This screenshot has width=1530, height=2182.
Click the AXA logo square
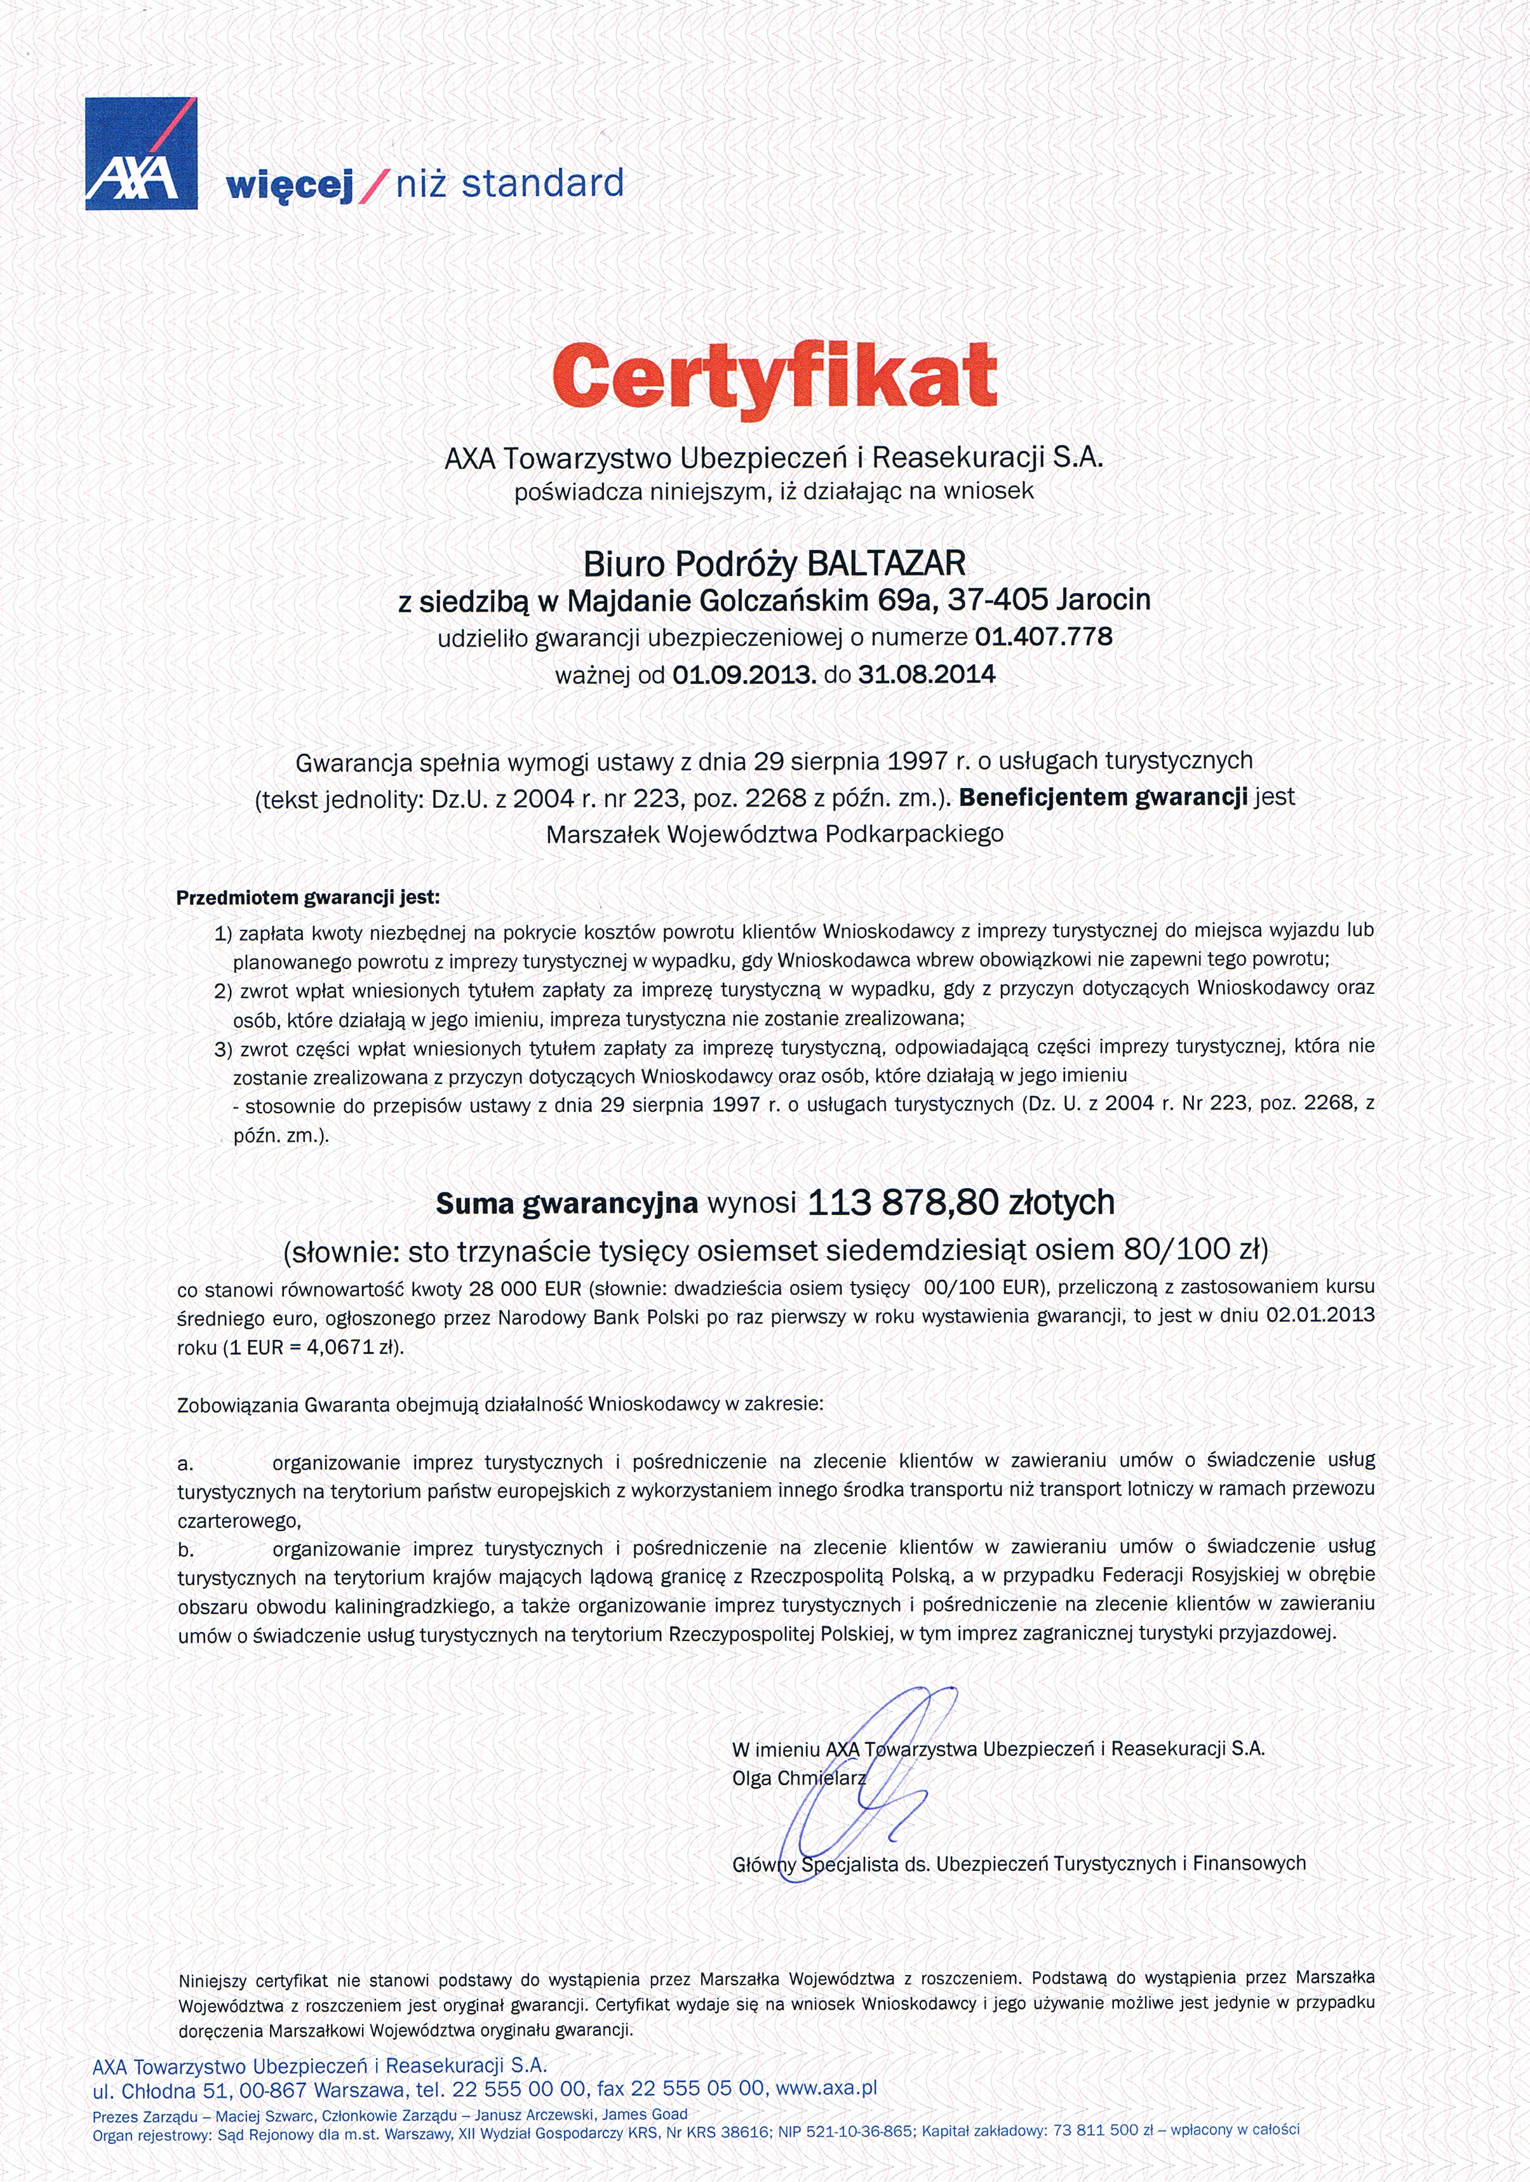click(140, 153)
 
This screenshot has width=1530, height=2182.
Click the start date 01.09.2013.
click(743, 675)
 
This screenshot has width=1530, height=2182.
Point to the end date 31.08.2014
click(927, 675)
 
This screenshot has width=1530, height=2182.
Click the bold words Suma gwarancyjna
click(567, 1204)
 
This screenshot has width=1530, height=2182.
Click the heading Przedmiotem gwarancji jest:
click(308, 897)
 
